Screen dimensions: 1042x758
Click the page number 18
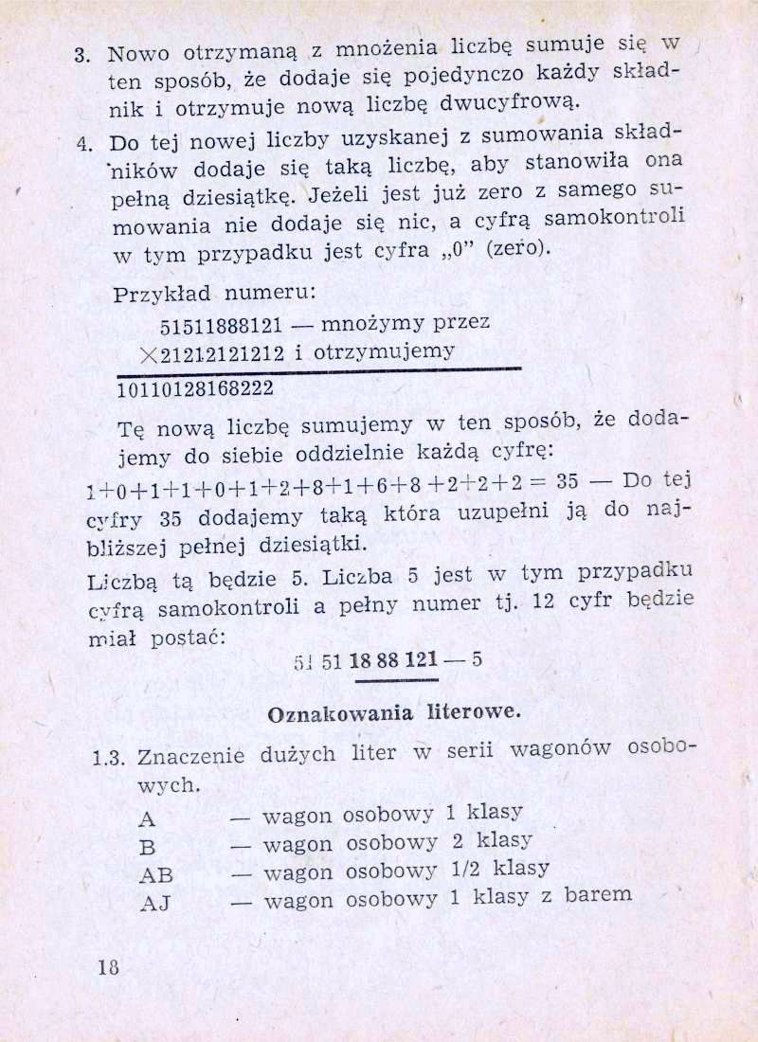[x=106, y=966]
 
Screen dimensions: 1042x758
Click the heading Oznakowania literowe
[x=394, y=712]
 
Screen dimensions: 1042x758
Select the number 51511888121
[x=222, y=327]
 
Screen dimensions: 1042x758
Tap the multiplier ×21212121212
[x=210, y=353]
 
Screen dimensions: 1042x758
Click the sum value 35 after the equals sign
[x=568, y=480]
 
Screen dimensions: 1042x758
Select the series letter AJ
[x=154, y=903]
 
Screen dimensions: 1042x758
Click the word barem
[x=597, y=893]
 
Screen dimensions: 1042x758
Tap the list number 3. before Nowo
[x=82, y=53]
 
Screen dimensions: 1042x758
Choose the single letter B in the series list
[x=147, y=846]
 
